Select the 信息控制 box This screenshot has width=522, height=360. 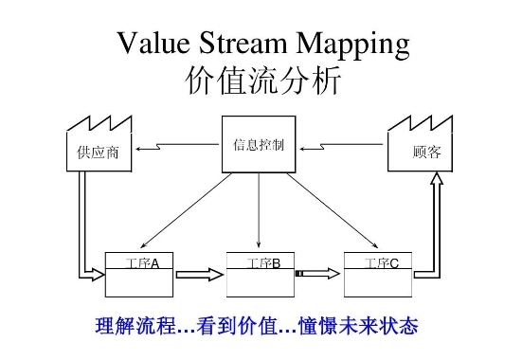[259, 145]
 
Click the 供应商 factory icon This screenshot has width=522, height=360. [98, 147]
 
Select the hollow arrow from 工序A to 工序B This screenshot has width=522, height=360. [199, 276]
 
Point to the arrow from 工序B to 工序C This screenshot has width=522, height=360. [317, 275]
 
